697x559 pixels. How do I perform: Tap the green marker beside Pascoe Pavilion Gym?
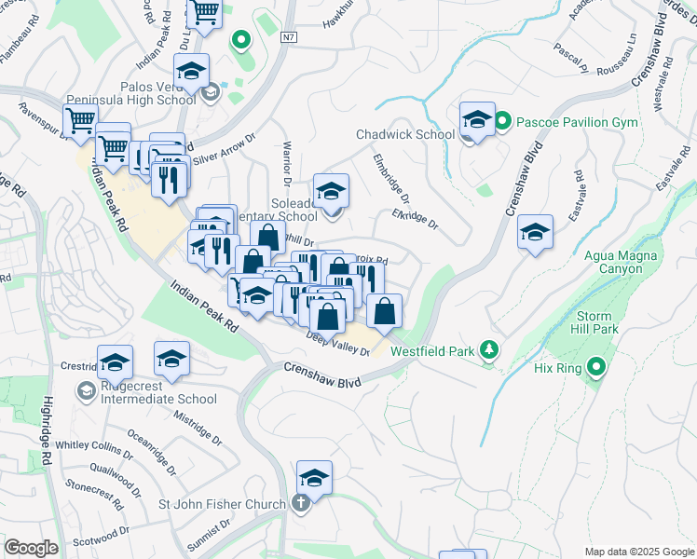click(502, 121)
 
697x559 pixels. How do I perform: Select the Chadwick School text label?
click(405, 134)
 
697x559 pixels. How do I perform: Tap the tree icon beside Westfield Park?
click(486, 351)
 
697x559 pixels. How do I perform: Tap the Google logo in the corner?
click(31, 547)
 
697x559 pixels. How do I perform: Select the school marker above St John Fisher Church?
click(315, 479)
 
